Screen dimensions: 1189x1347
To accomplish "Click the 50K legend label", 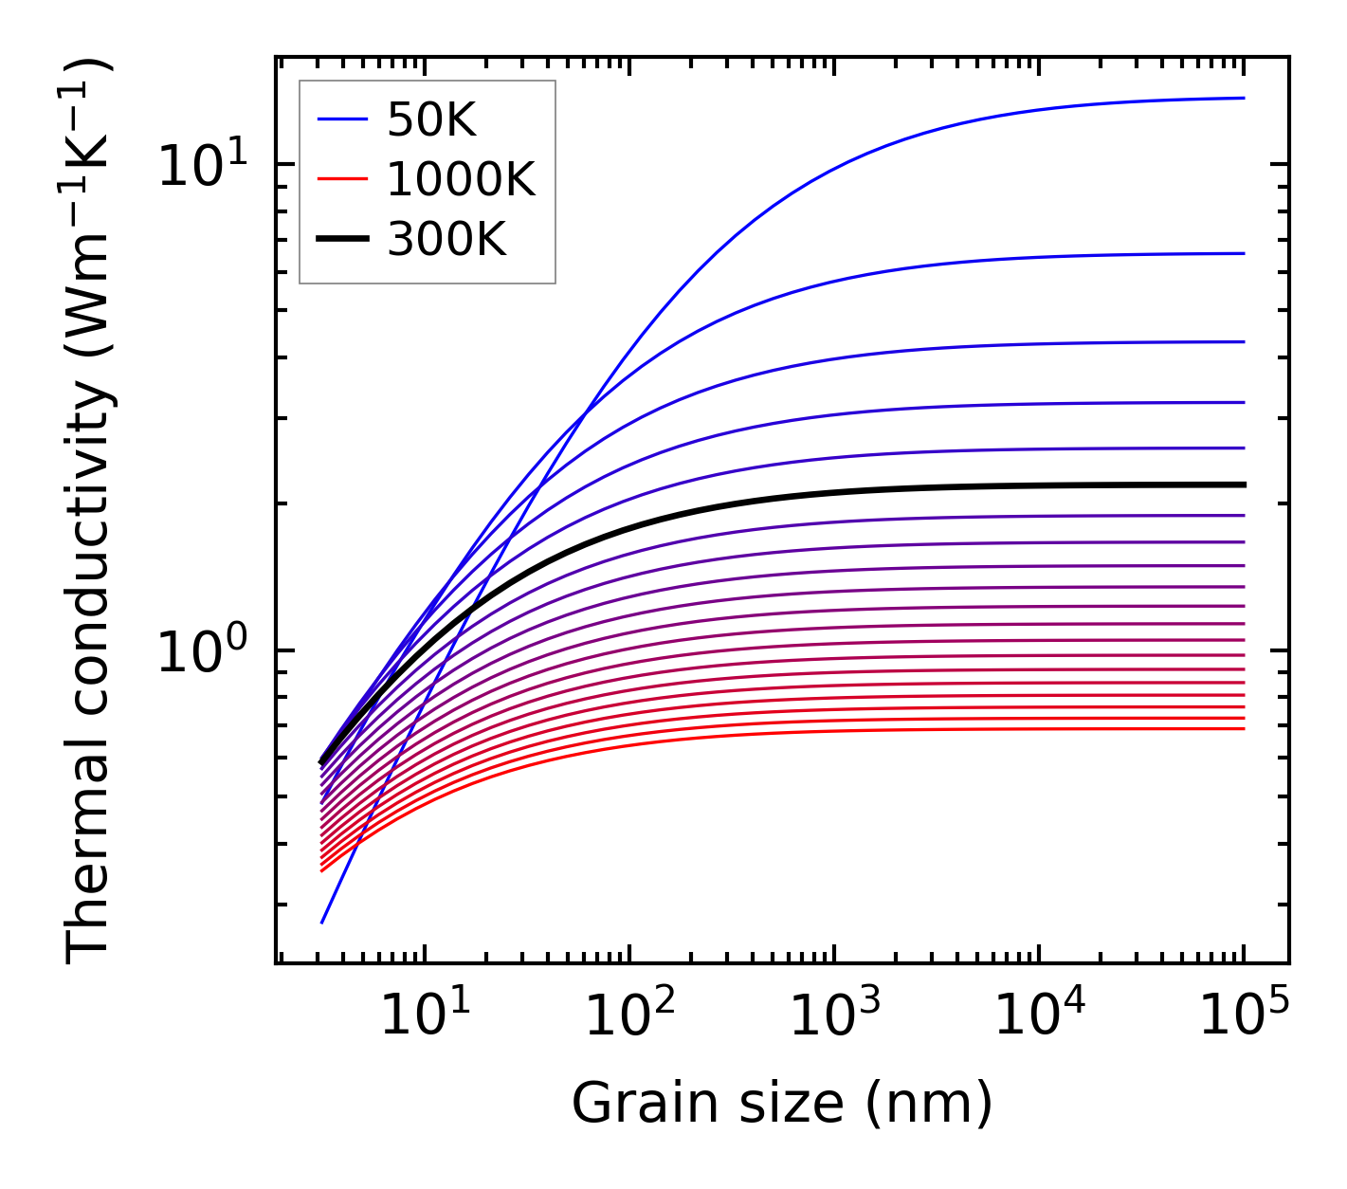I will pos(431,119).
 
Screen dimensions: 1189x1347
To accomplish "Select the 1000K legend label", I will pos(461,179).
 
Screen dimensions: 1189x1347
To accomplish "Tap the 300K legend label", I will pos(446,240).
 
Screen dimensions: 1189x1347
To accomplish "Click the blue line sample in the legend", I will pos(341,119).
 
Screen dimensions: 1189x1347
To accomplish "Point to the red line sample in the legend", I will pos(341,179).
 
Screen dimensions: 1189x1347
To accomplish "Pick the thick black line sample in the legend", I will pos(341,240).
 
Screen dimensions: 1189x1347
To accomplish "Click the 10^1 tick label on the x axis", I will pos(424,1016).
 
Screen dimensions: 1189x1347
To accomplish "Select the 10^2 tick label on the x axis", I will pos(629,1016).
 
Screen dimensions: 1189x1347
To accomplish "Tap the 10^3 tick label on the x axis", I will pos(834,1016).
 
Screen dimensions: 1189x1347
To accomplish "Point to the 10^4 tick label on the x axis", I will pos(1039,1016).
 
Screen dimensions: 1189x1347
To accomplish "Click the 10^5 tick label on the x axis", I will pos(1244,1016).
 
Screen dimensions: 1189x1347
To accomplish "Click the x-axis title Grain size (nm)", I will pos(782,1104).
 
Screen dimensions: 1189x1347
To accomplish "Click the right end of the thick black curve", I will pos(1243,485).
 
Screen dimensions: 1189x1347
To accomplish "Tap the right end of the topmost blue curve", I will pos(1243,98).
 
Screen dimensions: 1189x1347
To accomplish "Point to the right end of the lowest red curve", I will pos(1243,728).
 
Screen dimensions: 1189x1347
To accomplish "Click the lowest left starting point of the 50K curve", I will pos(322,922).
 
